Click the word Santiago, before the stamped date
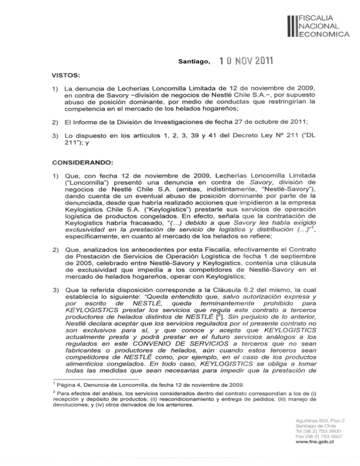193,61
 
